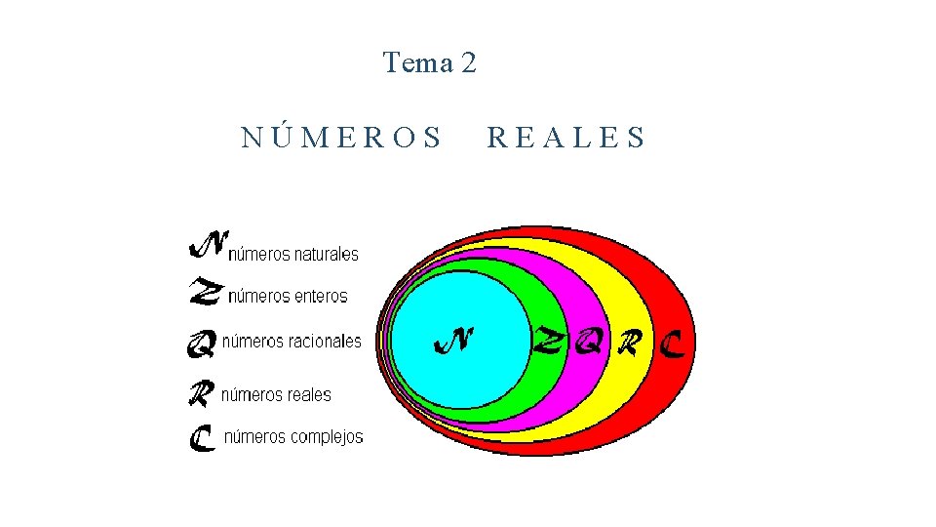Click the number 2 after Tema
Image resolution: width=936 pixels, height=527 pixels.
468,63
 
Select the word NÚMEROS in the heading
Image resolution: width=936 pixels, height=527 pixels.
341,138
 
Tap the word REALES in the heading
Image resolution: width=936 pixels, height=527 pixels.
565,138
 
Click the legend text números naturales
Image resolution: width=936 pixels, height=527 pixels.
293,255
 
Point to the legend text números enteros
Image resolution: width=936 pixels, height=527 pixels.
287,296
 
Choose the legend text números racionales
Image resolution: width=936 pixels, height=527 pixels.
292,342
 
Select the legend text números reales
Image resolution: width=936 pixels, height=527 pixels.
276,395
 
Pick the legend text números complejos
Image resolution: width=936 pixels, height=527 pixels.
293,437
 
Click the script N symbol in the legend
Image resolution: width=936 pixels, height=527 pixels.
208,245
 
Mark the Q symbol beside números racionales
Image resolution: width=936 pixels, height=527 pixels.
201,344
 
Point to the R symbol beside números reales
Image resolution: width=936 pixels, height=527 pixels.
201,393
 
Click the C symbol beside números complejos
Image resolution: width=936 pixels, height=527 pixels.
202,438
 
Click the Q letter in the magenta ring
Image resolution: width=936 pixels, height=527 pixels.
588,342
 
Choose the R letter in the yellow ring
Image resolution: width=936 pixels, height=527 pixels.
631,342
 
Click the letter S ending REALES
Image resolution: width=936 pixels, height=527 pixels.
636,138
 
